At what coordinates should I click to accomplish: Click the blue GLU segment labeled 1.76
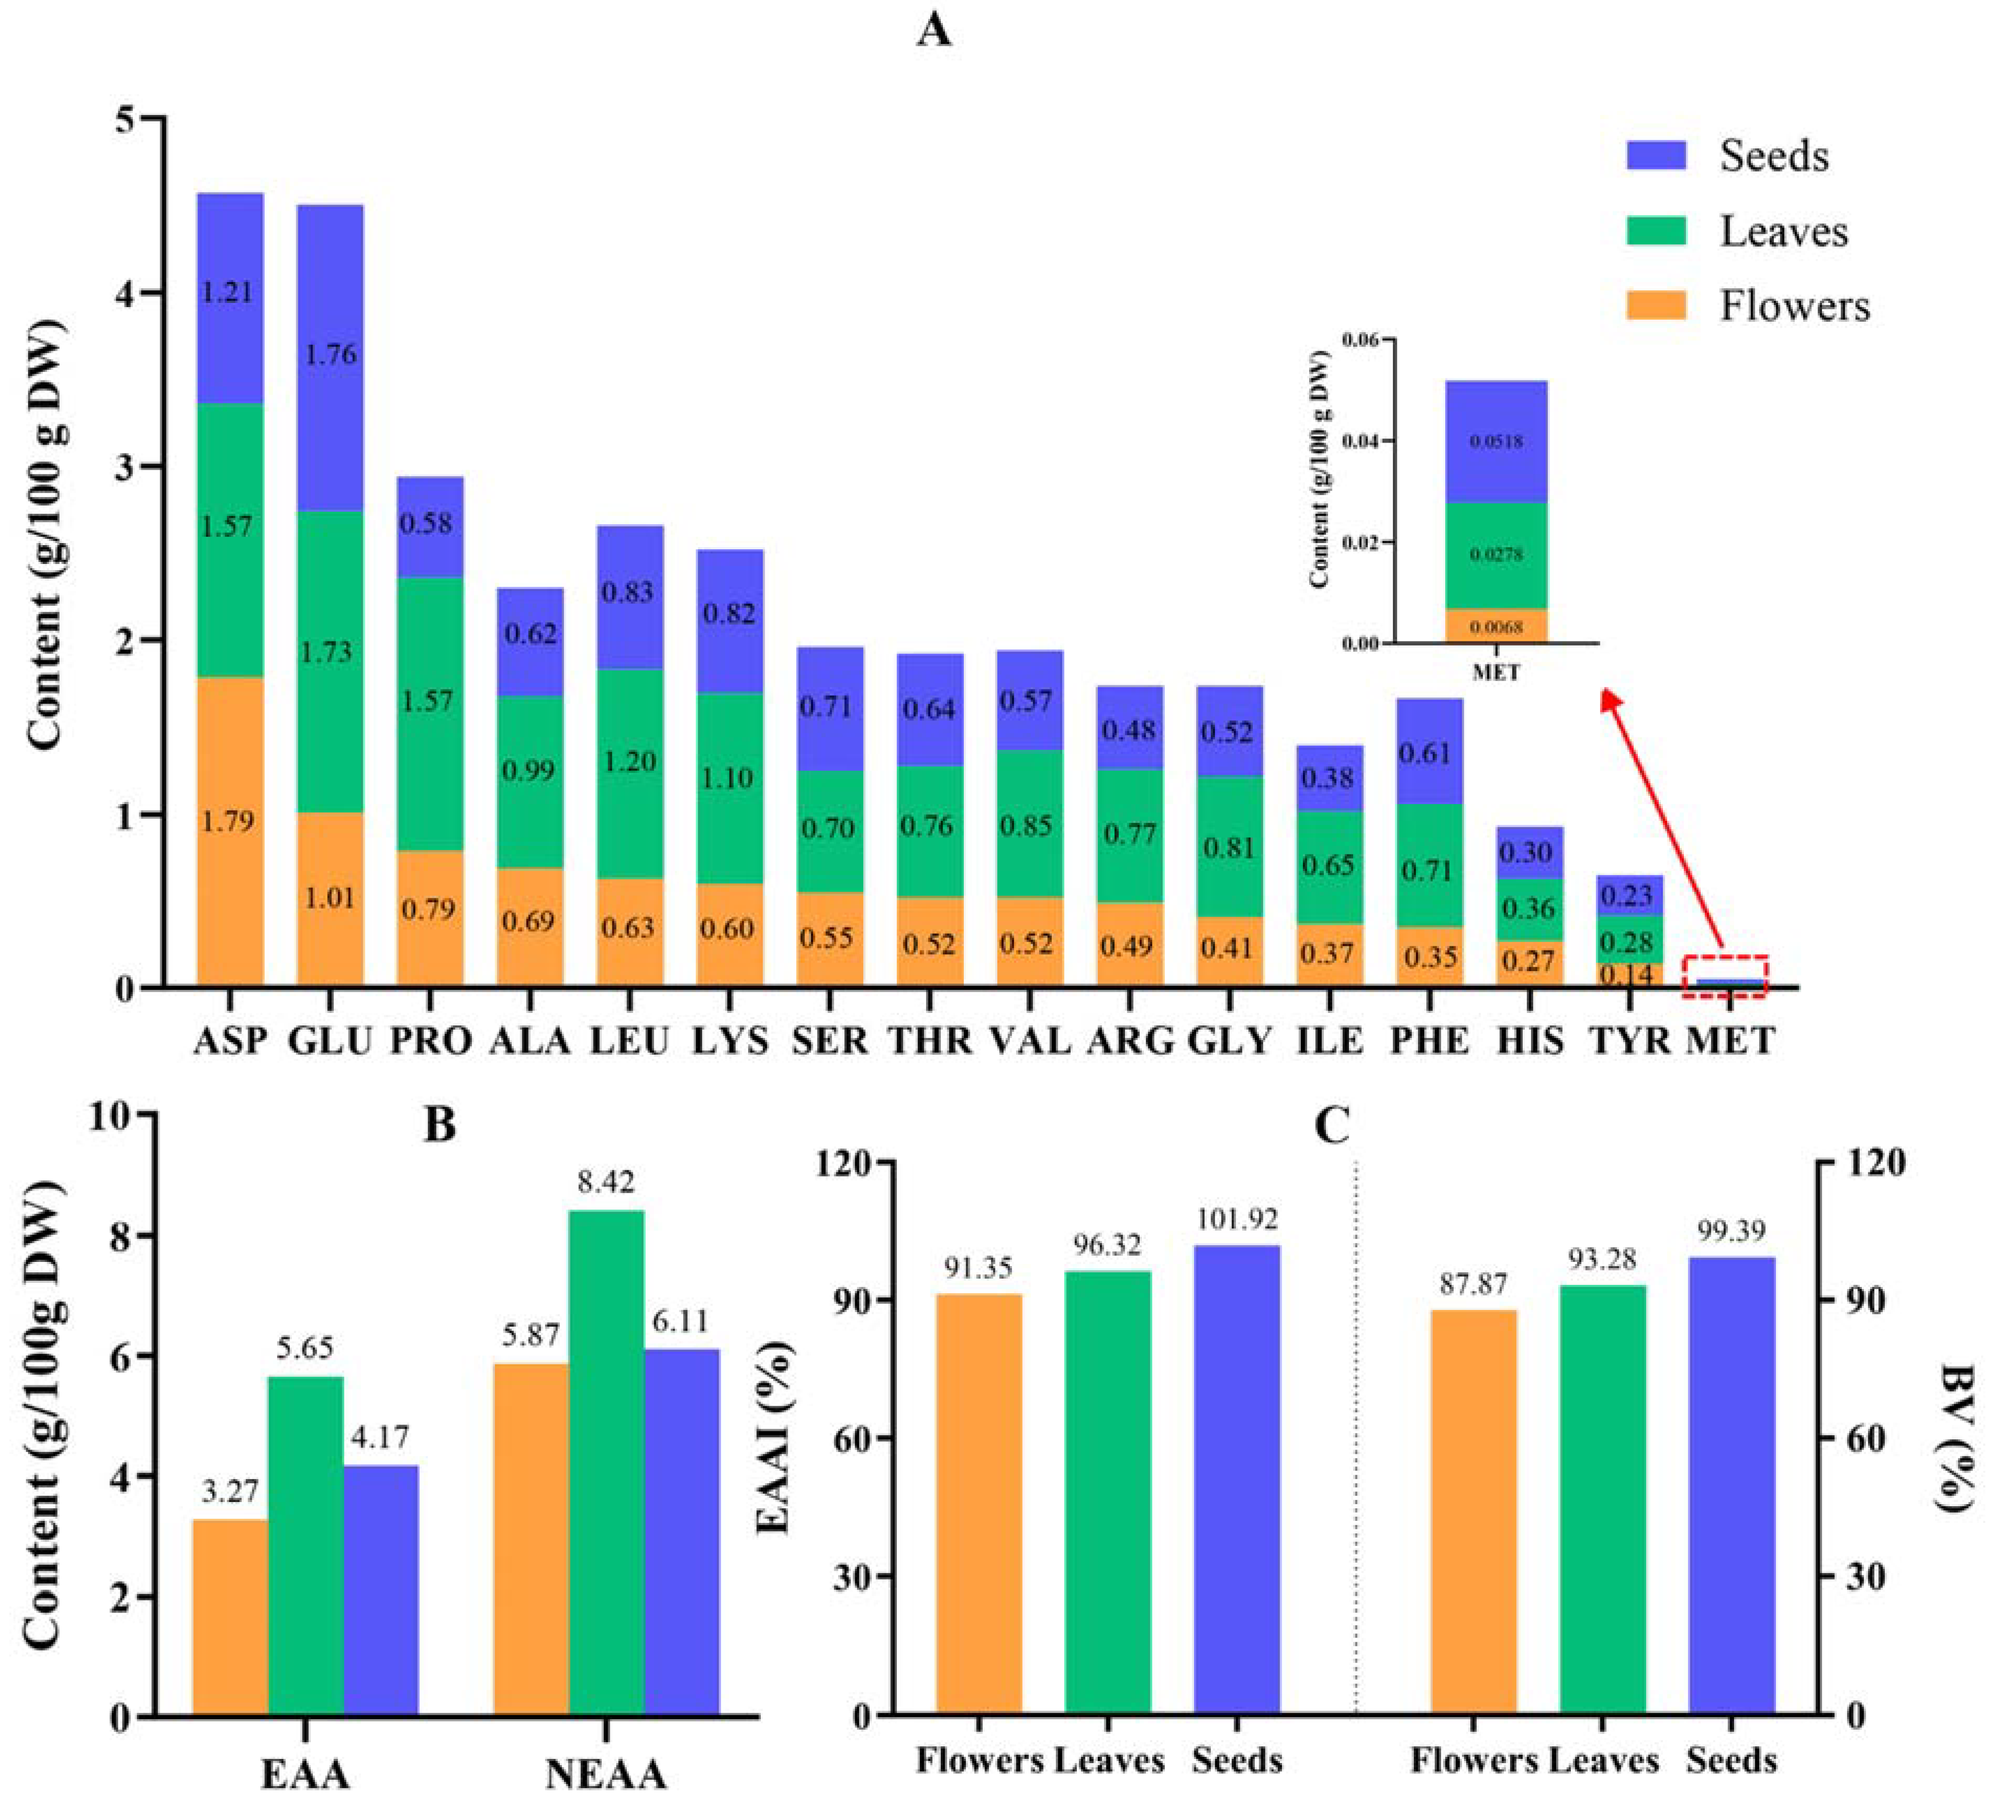coord(331,358)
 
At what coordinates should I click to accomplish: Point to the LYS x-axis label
coord(730,1041)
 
